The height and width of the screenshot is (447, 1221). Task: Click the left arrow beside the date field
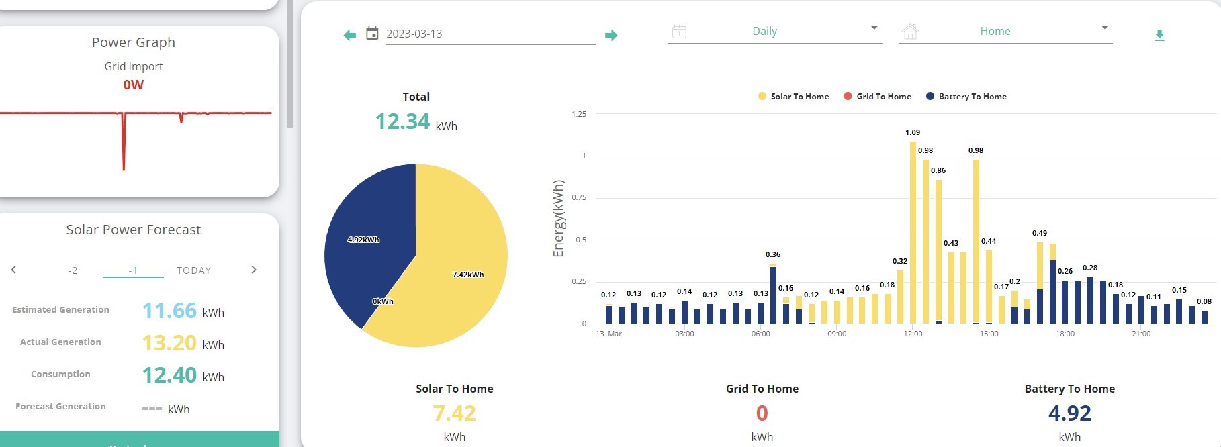click(349, 35)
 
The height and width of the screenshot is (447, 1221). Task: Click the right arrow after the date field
click(610, 35)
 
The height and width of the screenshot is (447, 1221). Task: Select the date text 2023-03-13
click(414, 34)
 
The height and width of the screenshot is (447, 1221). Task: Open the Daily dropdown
click(774, 31)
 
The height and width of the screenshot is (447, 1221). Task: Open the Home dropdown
click(1005, 31)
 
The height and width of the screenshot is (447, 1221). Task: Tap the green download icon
click(1159, 35)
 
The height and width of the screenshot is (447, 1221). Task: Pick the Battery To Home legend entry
click(966, 97)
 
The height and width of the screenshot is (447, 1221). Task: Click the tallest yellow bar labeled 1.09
click(913, 232)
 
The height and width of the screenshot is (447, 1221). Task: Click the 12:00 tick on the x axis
click(913, 334)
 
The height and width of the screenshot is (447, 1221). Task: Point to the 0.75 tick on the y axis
click(579, 197)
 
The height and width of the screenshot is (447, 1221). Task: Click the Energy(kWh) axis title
click(558, 218)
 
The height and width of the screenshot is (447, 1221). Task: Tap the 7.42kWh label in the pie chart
click(468, 275)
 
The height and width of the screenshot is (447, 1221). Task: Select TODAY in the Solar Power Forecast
click(194, 270)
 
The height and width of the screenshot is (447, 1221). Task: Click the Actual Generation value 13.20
click(169, 343)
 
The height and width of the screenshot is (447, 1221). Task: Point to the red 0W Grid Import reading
click(134, 85)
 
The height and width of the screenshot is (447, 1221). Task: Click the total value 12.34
click(402, 121)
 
